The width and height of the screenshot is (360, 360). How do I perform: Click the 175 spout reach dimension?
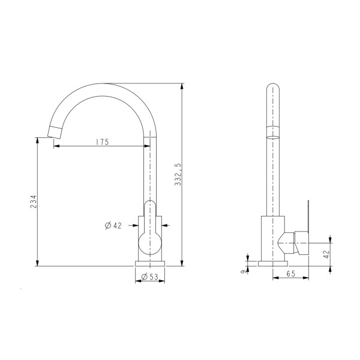pyautogui.click(x=101, y=143)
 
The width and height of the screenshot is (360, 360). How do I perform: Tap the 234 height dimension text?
pyautogui.click(x=34, y=203)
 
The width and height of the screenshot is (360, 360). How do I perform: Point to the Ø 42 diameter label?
pyautogui.click(x=113, y=226)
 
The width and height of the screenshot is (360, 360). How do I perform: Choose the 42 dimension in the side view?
pyautogui.click(x=326, y=254)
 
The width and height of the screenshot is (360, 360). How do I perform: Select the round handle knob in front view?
pyautogui.click(x=150, y=243)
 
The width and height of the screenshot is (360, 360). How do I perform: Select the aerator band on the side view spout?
pyautogui.click(x=273, y=131)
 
